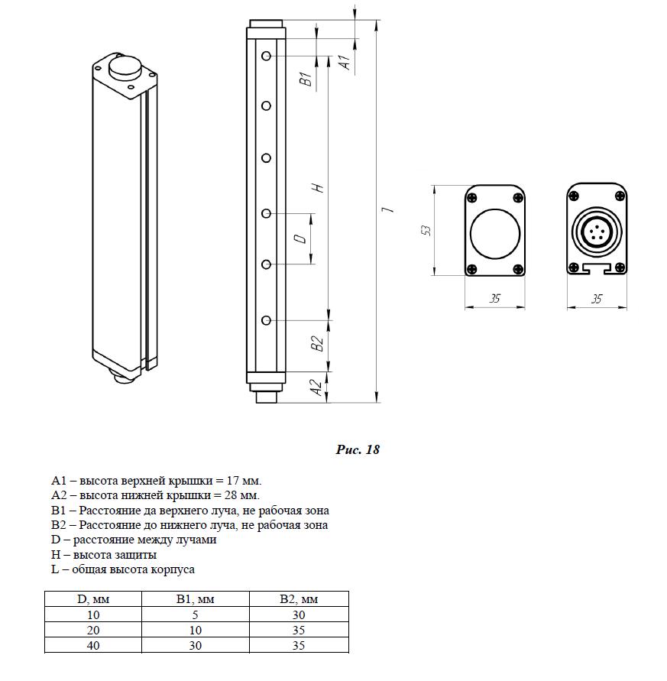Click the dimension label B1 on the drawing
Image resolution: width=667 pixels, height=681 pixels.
tap(304, 78)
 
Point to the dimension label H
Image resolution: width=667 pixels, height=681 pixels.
tap(321, 187)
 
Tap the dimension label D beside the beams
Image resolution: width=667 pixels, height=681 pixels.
tap(302, 239)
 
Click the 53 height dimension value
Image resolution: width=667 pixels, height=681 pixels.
tap(427, 230)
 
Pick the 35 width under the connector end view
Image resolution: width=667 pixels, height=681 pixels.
tap(597, 300)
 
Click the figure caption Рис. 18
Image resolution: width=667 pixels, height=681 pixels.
tap(358, 449)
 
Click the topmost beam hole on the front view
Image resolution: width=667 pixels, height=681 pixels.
tap(266, 56)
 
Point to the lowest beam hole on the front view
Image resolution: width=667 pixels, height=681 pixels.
tap(266, 319)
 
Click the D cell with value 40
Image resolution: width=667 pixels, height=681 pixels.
tap(94, 646)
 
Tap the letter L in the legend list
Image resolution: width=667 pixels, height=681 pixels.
tap(56, 569)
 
